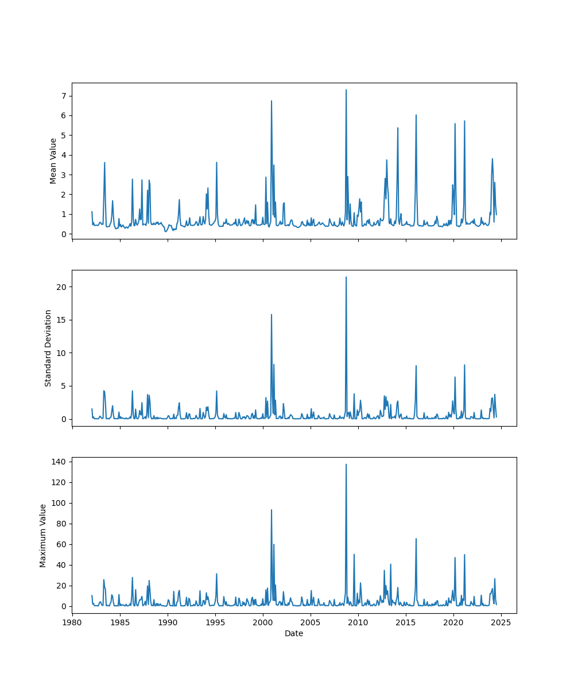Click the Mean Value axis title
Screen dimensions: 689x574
point(53,161)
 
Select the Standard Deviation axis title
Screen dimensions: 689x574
point(48,348)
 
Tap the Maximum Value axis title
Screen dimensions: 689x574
point(43,535)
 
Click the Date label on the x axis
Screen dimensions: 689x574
point(294,633)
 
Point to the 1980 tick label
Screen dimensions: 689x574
point(72,622)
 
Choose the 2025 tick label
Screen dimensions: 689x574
point(501,622)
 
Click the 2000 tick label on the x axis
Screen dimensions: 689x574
point(263,622)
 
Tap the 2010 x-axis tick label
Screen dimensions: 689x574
point(358,622)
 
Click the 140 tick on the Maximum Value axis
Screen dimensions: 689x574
point(60,462)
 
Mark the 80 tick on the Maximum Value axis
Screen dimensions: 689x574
point(62,524)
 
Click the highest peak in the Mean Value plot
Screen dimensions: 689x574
point(346,90)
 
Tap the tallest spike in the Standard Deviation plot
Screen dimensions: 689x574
point(346,277)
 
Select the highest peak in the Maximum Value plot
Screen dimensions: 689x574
point(346,465)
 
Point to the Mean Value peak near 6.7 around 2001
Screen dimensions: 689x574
point(272,101)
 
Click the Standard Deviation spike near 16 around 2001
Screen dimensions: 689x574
point(272,315)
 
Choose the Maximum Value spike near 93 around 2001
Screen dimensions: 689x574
point(272,510)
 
